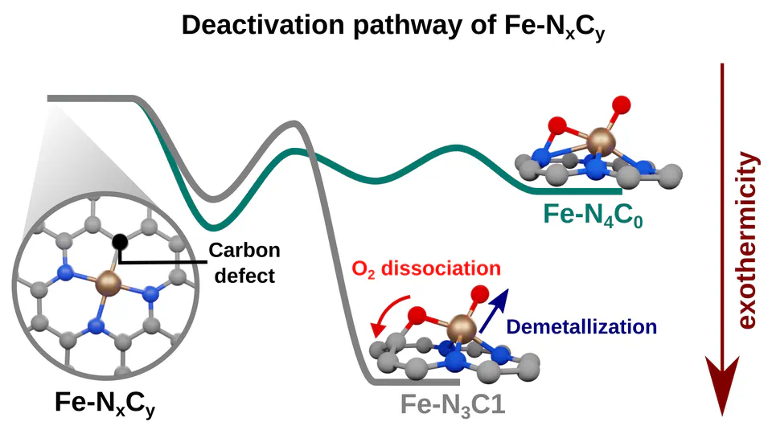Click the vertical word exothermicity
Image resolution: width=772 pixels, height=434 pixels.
748,241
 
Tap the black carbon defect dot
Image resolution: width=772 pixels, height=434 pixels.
120,240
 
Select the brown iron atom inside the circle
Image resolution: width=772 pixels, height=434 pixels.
107,282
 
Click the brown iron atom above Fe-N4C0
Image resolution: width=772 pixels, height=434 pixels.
597,143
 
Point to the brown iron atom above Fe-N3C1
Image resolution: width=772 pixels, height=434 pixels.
461,327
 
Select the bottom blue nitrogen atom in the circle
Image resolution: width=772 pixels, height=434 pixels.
96,325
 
